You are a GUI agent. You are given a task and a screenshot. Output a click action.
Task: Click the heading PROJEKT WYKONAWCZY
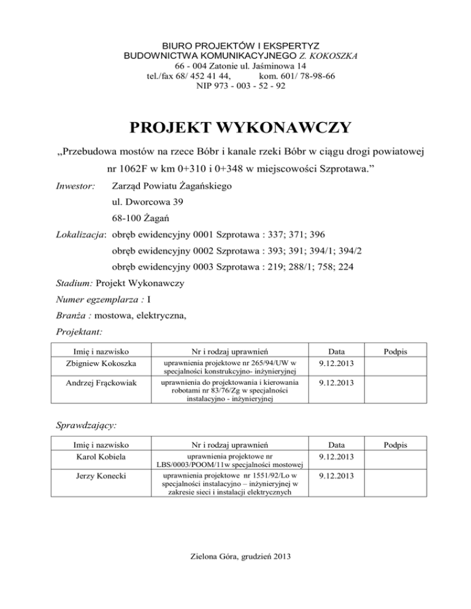click(x=240, y=127)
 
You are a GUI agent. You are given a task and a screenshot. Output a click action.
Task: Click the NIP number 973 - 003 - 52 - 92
click(x=240, y=86)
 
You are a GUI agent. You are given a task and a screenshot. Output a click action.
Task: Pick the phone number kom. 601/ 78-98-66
click(x=297, y=76)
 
